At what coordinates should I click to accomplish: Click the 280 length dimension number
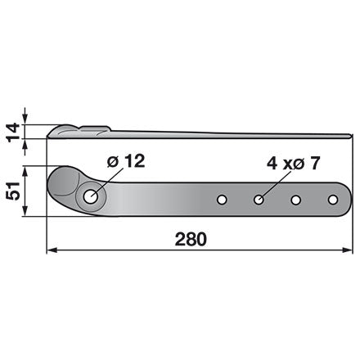191,240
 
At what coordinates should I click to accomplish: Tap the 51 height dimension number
13,191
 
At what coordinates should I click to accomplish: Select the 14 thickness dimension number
13,133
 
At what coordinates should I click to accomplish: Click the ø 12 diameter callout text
126,161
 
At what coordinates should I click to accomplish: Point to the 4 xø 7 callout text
293,164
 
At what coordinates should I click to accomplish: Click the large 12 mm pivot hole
91,196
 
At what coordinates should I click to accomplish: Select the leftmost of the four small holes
222,200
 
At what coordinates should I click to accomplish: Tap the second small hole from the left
259,200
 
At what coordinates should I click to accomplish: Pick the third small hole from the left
295,200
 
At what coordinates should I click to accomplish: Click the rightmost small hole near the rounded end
333,200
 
